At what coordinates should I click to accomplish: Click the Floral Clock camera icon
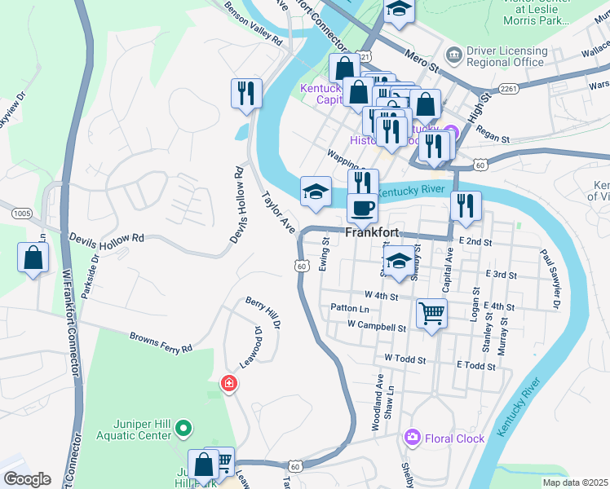(413, 438)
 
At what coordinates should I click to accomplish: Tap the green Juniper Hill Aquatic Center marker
(183, 427)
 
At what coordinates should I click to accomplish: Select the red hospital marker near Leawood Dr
(229, 383)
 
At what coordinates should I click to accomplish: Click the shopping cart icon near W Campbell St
(431, 312)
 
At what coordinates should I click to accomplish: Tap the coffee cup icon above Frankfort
(362, 208)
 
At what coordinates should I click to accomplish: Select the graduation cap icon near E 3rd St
(398, 261)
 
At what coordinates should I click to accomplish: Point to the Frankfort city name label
(373, 232)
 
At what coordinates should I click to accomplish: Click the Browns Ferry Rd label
(161, 342)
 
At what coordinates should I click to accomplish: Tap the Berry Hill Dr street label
(263, 313)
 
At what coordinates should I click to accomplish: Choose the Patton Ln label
(350, 308)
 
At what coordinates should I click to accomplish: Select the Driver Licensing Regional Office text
(506, 56)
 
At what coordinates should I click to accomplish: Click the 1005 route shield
(23, 213)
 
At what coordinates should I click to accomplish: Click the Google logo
(27, 479)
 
